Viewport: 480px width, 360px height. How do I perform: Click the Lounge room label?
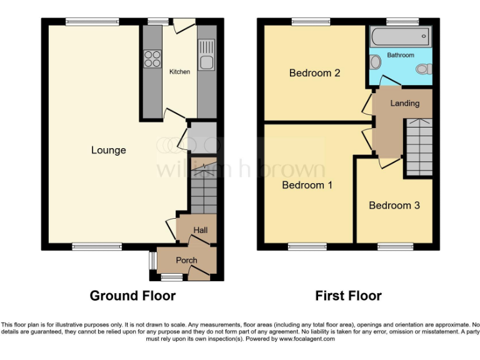tap(109, 150)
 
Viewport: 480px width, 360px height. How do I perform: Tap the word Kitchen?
tap(179, 72)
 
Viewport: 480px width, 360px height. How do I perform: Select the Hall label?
tap(200, 231)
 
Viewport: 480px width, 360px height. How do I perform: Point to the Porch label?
tap(186, 260)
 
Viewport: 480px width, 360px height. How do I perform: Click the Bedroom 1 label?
tap(307, 186)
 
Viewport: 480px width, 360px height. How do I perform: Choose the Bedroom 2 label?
tap(314, 73)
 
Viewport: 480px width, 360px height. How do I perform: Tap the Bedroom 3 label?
tap(394, 206)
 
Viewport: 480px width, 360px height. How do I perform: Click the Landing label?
tap(404, 103)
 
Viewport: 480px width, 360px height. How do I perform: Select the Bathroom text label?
tap(400, 55)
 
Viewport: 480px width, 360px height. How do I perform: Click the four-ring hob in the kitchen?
tap(151, 59)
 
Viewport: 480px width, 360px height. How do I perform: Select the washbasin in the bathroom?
tap(374, 62)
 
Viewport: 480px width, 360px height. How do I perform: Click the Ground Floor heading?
tap(132, 296)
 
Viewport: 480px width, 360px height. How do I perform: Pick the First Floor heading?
tap(348, 296)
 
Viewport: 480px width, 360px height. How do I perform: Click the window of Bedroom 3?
tap(395, 247)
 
